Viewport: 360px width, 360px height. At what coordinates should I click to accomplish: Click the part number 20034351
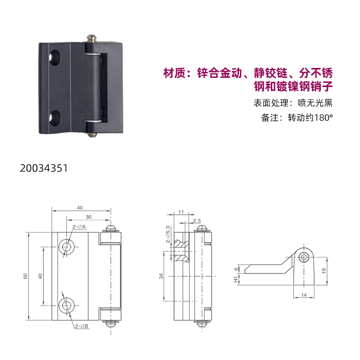(44, 168)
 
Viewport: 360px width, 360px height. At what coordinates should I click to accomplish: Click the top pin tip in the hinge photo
(91, 38)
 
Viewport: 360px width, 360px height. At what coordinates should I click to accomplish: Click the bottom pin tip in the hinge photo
(92, 135)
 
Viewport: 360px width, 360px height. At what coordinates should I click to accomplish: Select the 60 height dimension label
(26, 276)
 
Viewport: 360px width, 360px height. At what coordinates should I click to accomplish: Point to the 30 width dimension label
(89, 217)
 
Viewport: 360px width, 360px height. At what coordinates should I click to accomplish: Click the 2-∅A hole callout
(79, 227)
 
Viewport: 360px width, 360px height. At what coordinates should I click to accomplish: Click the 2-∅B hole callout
(82, 326)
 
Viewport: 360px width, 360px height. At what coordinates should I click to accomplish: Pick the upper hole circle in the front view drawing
(67, 247)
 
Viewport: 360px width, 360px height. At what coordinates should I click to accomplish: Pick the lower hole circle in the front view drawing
(67, 306)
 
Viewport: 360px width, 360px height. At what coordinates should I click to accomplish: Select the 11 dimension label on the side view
(181, 211)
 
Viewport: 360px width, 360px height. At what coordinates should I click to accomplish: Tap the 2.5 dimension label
(197, 220)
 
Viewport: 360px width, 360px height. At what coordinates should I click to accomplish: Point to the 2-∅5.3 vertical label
(168, 234)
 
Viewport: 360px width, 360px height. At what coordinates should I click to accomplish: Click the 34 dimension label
(161, 276)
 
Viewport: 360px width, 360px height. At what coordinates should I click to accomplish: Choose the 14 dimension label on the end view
(304, 295)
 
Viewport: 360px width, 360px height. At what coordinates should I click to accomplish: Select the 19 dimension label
(324, 271)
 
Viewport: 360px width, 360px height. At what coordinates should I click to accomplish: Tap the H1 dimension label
(235, 279)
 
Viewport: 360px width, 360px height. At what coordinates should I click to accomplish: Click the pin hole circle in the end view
(304, 257)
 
